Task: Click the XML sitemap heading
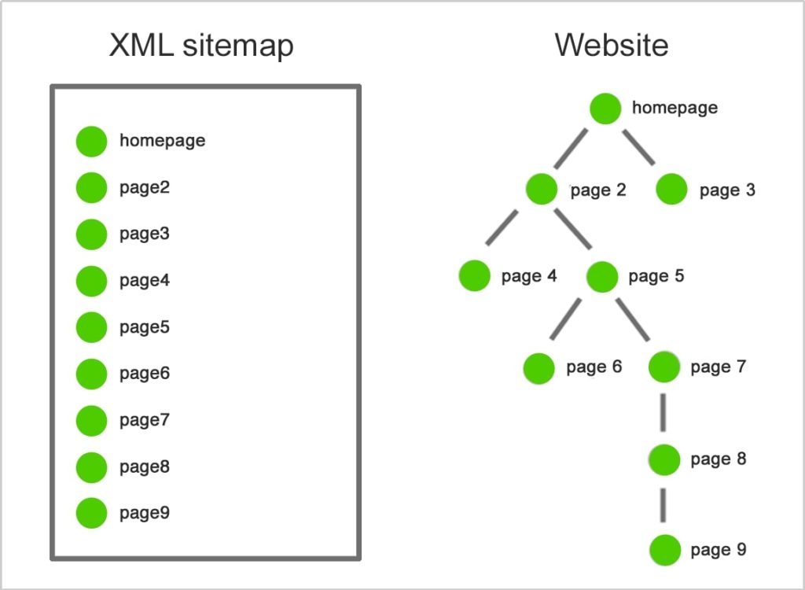(200, 46)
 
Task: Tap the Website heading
(612, 45)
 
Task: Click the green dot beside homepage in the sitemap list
(91, 142)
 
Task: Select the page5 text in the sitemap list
(145, 327)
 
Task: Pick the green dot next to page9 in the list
(91, 513)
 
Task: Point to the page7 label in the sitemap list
(145, 420)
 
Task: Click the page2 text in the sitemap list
(145, 188)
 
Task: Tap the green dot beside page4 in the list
(91, 281)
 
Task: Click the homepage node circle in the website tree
(605, 109)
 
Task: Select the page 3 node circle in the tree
(671, 190)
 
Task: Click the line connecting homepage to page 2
(571, 148)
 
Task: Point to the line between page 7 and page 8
(664, 411)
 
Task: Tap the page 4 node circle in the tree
(475, 276)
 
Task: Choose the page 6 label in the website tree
(594, 367)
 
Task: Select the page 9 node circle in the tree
(665, 550)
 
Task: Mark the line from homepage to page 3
(640, 146)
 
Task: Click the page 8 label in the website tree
(718, 459)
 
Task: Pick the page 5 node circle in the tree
(602, 276)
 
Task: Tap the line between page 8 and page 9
(664, 503)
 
